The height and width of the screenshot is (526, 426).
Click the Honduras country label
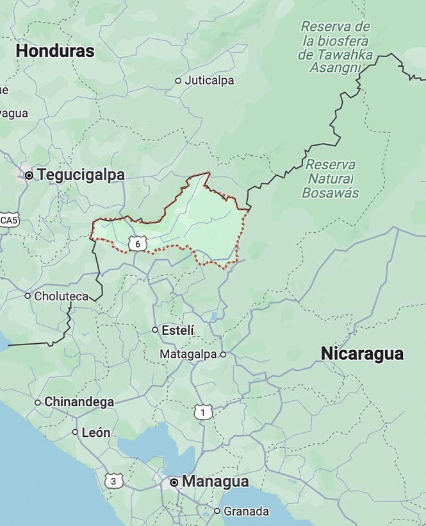(55, 51)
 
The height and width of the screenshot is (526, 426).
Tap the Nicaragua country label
(362, 353)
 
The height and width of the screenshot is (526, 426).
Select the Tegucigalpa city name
(81, 174)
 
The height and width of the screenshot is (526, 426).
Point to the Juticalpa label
(209, 81)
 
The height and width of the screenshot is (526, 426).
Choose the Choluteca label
(61, 296)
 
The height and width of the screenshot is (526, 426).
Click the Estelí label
(178, 330)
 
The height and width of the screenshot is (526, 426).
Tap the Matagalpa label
(188, 354)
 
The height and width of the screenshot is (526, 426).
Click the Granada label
(246, 511)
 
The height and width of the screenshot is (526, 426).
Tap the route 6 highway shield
(137, 244)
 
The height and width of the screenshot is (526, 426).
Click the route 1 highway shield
(203, 412)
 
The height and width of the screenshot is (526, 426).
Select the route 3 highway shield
(113, 480)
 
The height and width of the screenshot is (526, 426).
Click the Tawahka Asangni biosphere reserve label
(335, 47)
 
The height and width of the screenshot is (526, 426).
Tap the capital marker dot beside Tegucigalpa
(29, 174)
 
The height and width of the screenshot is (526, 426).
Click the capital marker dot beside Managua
(174, 482)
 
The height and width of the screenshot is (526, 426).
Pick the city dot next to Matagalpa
(223, 354)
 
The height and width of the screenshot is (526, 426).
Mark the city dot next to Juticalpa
(178, 81)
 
